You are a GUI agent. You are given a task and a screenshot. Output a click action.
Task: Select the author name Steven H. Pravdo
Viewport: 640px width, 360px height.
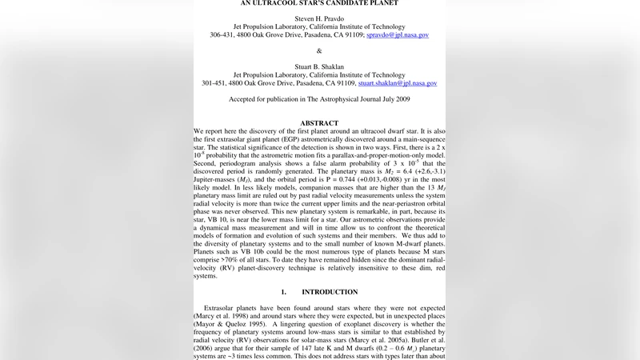[319, 15]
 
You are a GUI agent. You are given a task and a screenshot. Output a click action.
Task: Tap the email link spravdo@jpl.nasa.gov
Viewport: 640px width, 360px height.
[397, 35]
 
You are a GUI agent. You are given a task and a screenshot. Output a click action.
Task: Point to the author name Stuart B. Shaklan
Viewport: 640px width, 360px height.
[319, 63]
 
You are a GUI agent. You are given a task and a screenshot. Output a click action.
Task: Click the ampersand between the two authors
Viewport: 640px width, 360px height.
[319, 50]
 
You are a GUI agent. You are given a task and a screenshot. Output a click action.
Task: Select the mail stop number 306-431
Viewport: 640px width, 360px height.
[225, 35]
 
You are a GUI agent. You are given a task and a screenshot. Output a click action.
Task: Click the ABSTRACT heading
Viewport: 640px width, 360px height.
[319, 123]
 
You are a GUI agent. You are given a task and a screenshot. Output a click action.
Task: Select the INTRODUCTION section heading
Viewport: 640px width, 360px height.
[330, 292]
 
